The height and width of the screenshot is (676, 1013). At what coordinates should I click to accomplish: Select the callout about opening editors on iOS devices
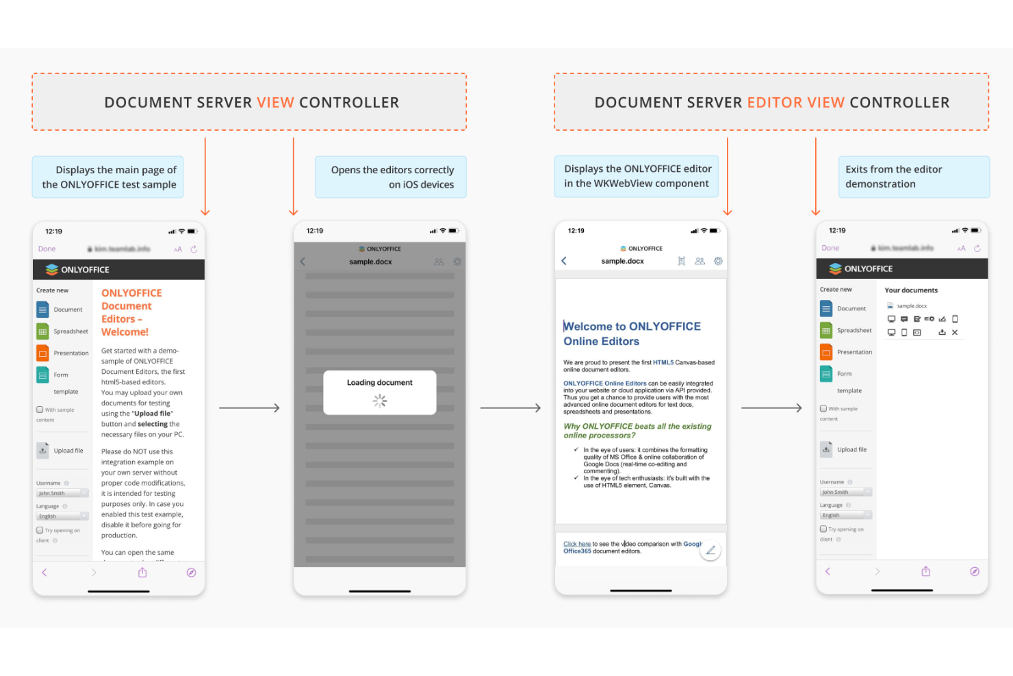pyautogui.click(x=391, y=177)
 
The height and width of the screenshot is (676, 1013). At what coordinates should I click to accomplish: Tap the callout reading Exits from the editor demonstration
pyautogui.click(x=913, y=177)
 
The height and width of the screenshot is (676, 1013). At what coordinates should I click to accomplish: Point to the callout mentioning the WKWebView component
pyautogui.click(x=637, y=176)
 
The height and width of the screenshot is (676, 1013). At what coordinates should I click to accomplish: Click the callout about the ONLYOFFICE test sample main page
pyautogui.click(x=108, y=177)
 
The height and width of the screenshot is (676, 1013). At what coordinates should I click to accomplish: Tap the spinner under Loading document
pyautogui.click(x=380, y=401)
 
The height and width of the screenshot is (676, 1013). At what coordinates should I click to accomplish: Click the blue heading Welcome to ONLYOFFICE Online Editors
pyautogui.click(x=631, y=334)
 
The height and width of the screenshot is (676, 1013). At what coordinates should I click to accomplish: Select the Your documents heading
pyautogui.click(x=911, y=290)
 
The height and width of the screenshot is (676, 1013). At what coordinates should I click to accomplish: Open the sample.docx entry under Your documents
pyautogui.click(x=911, y=306)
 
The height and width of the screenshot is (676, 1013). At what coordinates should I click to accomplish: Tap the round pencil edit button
pyautogui.click(x=710, y=550)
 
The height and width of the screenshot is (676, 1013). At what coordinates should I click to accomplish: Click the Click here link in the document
pyautogui.click(x=576, y=544)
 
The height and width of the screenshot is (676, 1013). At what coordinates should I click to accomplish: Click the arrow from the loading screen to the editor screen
pyautogui.click(x=511, y=408)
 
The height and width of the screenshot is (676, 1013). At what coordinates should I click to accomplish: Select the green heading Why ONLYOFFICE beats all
pyautogui.click(x=637, y=430)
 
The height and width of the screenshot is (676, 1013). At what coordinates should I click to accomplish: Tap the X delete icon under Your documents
pyautogui.click(x=955, y=333)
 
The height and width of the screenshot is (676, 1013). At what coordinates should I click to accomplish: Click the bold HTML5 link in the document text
pyautogui.click(x=663, y=362)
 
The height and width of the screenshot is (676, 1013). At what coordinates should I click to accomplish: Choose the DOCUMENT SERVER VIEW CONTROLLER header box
pyautogui.click(x=250, y=102)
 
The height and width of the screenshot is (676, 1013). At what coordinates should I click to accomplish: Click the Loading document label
pyautogui.click(x=379, y=383)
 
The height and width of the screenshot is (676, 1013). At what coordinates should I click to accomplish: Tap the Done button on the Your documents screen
pyautogui.click(x=830, y=248)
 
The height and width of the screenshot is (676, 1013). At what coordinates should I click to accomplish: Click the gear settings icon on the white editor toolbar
pyautogui.click(x=718, y=261)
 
